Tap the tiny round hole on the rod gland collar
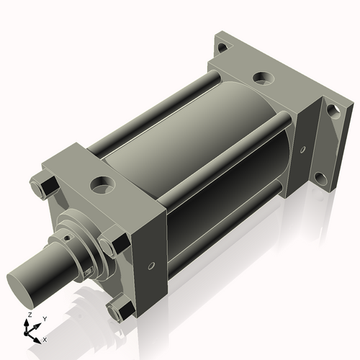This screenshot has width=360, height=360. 69,233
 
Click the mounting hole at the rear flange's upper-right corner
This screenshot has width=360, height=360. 332,110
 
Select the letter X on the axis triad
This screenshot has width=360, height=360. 45,338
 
